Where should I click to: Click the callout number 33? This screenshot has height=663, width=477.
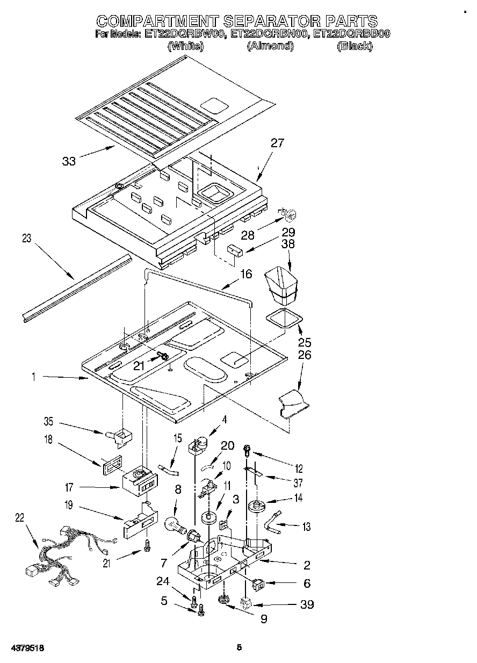(69, 161)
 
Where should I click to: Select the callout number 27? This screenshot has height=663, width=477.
(277, 143)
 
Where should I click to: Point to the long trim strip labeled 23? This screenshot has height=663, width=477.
(75, 290)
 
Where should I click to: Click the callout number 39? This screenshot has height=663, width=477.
(307, 604)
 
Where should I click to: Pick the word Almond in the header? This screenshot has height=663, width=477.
(270, 46)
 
